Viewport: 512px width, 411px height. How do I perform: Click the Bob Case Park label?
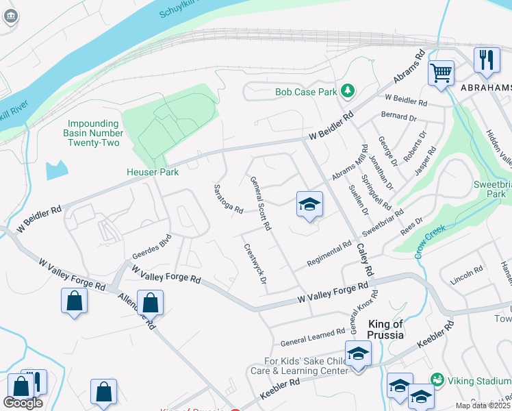coord(306,91)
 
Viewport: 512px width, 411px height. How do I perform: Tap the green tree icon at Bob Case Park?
coord(348,90)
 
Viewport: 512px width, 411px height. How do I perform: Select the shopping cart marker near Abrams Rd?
coord(441,72)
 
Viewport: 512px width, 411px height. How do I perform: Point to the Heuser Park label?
coord(153,172)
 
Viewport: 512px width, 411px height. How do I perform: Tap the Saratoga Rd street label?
coord(229,199)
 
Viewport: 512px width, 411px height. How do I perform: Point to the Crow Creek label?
coord(429,242)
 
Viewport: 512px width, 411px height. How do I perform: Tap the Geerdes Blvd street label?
coord(151,243)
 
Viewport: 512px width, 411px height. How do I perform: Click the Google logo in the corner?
coord(23,403)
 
